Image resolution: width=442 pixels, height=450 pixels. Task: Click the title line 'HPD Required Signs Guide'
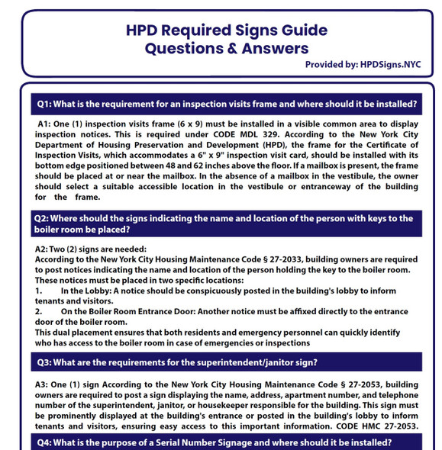pyautogui.click(x=227, y=31)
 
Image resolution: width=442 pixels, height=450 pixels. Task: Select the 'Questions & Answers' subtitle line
pyautogui.click(x=227, y=48)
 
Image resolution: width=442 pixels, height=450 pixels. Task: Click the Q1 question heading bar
pyautogui.click(x=227, y=104)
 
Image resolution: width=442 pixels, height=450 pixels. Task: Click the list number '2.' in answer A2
pyautogui.click(x=40, y=311)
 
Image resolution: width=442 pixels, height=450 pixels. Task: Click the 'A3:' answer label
pyautogui.click(x=44, y=383)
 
